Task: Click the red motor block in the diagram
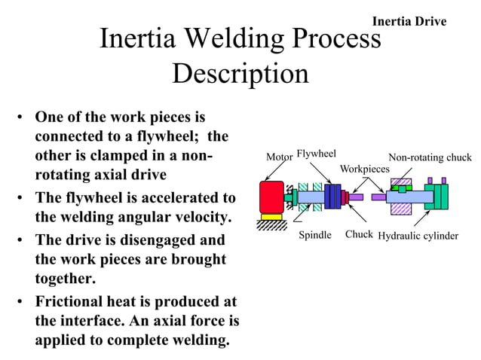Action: click(x=271, y=197)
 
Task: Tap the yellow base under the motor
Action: click(x=271, y=218)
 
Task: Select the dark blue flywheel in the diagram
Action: click(x=332, y=197)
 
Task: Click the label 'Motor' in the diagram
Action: click(x=279, y=157)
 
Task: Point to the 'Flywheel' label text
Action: click(x=316, y=154)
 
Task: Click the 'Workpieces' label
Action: click(x=365, y=169)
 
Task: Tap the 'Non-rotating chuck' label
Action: click(x=429, y=157)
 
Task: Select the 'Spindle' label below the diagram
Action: click(x=315, y=236)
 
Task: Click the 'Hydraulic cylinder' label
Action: click(x=418, y=236)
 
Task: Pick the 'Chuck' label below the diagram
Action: click(x=359, y=235)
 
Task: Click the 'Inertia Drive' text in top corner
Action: click(x=409, y=21)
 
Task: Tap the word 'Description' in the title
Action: click(x=240, y=74)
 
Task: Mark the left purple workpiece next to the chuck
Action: click(x=355, y=197)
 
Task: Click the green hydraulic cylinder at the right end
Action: click(x=436, y=197)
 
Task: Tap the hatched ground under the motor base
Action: click(x=271, y=226)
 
